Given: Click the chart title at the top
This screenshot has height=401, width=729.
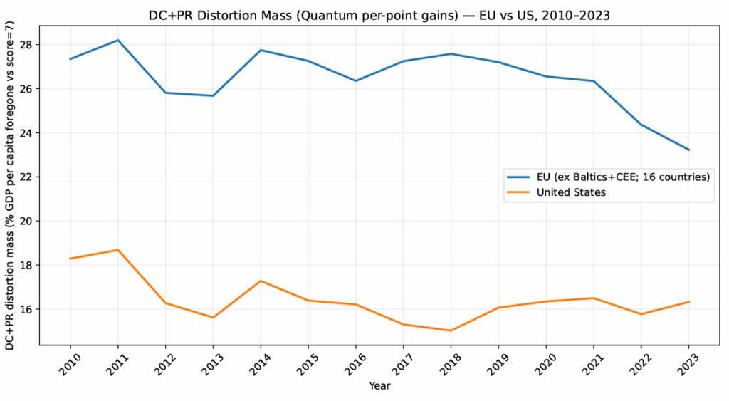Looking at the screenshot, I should pos(379,14).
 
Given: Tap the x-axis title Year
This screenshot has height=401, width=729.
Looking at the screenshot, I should pos(379,385).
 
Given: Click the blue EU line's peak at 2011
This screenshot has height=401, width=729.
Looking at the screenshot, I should pos(117,40).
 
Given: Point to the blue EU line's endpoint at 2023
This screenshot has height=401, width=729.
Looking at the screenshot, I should pos(689,150).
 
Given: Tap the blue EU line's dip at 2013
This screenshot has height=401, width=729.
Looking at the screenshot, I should pos(213,95).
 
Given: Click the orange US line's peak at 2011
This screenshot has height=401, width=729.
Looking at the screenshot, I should pos(117,250).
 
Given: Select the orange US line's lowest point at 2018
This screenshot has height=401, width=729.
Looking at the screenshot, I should pos(451,330).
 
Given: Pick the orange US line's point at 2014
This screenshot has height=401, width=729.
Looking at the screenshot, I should pos(261,281).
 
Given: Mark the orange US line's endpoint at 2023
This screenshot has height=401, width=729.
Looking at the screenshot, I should pos(689,302).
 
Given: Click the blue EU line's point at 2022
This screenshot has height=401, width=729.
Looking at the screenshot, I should pos(641,125).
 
